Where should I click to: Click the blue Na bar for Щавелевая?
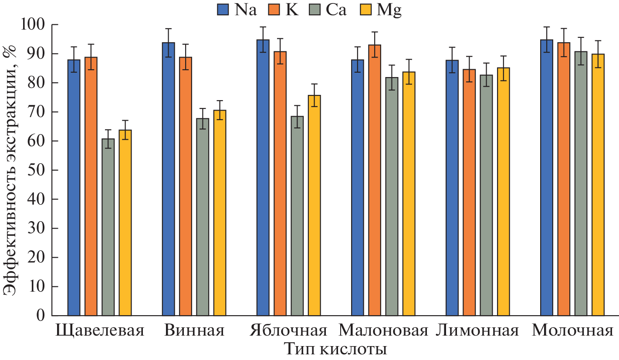pyautogui.click(x=74, y=187)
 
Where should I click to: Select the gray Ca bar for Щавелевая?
pyautogui.click(x=108, y=227)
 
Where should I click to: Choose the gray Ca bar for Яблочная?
pyautogui.click(x=297, y=215)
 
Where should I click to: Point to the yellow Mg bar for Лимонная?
pyautogui.click(x=504, y=191)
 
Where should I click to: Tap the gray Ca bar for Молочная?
pyautogui.click(x=581, y=183)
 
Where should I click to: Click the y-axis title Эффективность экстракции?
pyautogui.click(x=11, y=170)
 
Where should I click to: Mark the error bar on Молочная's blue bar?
pyautogui.click(x=547, y=40)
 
